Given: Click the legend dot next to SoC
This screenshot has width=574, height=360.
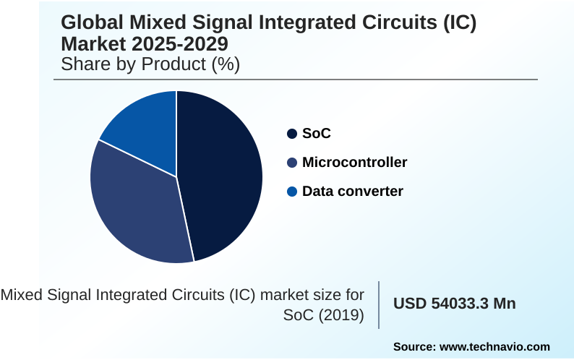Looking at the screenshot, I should (x=292, y=134).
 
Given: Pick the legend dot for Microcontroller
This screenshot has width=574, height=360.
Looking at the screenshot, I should (x=292, y=163).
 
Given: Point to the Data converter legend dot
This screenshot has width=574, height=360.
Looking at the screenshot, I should (x=292, y=192).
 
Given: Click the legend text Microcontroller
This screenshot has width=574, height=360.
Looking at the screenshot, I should (x=354, y=163).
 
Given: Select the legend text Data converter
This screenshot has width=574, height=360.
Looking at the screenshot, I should (x=352, y=192).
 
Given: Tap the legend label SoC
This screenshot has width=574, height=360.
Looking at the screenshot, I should (x=316, y=134).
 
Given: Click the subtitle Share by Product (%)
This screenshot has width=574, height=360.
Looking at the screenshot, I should (x=150, y=64).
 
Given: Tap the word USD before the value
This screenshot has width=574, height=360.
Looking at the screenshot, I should (x=408, y=304).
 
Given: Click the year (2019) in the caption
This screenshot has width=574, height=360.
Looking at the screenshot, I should (x=340, y=316).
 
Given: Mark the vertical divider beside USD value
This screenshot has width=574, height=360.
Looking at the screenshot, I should (x=379, y=304).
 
